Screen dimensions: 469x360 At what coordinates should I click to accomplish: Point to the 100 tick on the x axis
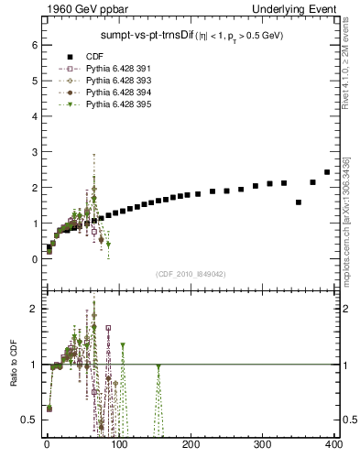click(x=118, y=446)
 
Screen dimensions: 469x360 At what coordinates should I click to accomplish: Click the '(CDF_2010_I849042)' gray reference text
click(x=191, y=274)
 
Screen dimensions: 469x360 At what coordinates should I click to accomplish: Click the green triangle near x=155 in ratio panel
click(x=158, y=366)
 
